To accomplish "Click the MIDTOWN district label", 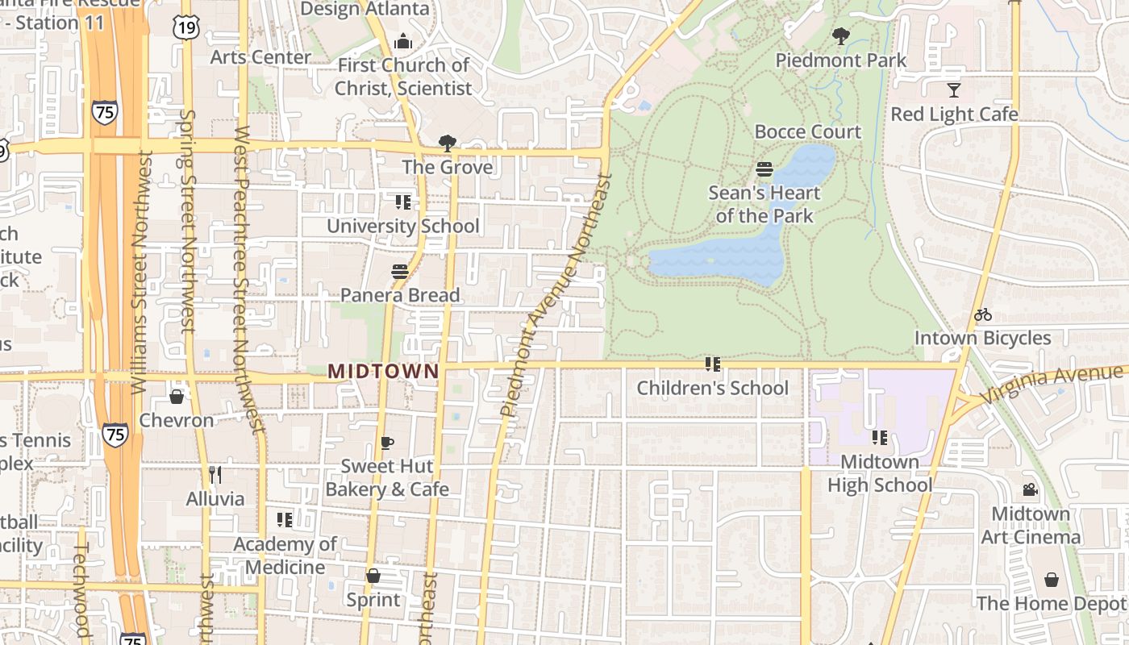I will click(384, 372).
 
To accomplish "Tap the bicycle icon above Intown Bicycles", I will click(982, 315).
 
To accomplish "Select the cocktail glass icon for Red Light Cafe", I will click(954, 90).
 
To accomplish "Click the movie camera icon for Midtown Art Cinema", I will click(1030, 490).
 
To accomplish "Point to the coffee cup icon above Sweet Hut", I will click(387, 443).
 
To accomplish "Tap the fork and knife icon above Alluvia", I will click(215, 475).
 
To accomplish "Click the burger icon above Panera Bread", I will click(399, 272).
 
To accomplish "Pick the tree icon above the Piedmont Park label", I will click(840, 36).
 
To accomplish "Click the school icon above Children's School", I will click(712, 364).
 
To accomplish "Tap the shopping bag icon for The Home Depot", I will click(1051, 580).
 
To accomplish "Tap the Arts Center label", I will click(260, 57).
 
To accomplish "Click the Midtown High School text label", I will click(880, 473).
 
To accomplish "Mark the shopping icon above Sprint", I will click(373, 576).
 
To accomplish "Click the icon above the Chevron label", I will click(177, 397).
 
